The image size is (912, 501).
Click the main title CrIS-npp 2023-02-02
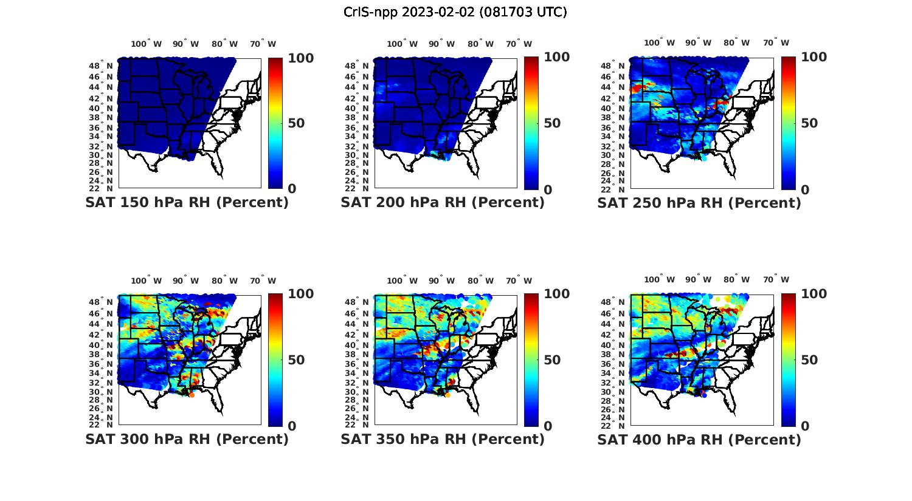pyautogui.click(x=455, y=12)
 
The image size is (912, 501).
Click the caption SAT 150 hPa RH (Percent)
pyautogui.click(x=187, y=203)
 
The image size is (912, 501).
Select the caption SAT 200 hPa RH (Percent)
pyautogui.click(x=443, y=203)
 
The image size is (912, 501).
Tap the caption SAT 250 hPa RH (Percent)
pyautogui.click(x=699, y=203)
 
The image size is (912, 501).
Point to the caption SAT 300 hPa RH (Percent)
pyautogui.click(x=187, y=439)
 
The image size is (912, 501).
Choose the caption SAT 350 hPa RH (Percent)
pyautogui.click(x=443, y=439)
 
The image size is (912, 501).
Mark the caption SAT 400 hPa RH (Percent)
pyautogui.click(x=699, y=439)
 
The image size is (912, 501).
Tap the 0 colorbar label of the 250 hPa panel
pyautogui.click(x=805, y=189)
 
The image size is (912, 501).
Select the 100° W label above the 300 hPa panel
pyautogui.click(x=146, y=281)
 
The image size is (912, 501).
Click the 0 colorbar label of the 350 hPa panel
pyautogui.click(x=548, y=426)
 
